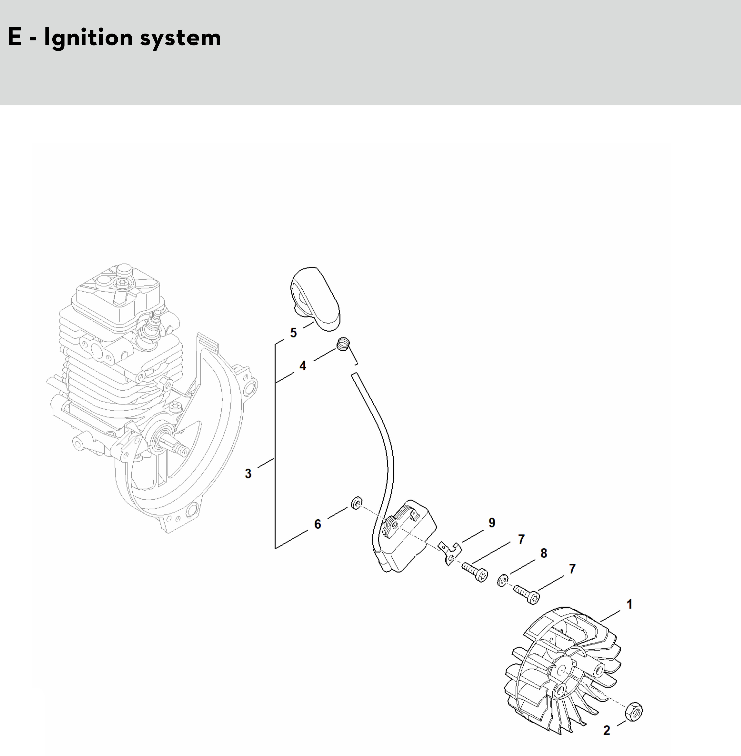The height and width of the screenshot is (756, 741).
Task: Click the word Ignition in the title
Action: (x=88, y=38)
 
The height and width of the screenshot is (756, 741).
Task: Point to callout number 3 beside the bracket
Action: (x=248, y=473)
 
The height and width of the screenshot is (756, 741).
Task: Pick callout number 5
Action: (x=293, y=333)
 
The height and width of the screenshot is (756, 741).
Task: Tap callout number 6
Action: (x=318, y=524)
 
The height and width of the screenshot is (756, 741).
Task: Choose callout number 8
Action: (x=544, y=553)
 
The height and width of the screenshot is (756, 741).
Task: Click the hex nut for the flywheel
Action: (x=634, y=712)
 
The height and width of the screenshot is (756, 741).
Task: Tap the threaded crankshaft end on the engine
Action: (x=177, y=445)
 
